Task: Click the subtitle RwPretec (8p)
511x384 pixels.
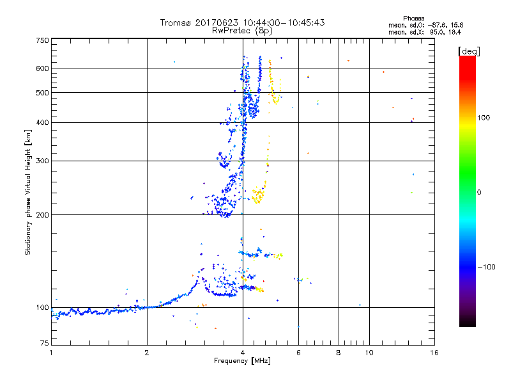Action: [x=242, y=30]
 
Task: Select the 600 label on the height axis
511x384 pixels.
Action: [x=42, y=68]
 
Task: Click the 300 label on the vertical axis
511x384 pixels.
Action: [x=42, y=161]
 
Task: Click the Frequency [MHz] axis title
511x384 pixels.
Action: [x=242, y=362]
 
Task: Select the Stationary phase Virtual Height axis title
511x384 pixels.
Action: [x=27, y=192]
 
